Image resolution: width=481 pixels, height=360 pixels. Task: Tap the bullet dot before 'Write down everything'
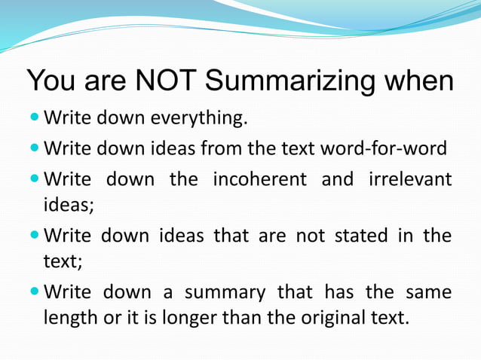(x=35, y=118)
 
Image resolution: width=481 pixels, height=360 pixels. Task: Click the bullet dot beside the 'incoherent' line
(x=35, y=179)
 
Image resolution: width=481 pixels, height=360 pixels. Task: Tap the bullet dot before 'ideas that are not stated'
(x=35, y=236)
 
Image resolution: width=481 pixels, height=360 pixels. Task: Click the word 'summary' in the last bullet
(x=225, y=292)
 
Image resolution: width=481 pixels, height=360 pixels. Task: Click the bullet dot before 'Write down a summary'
(x=35, y=291)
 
